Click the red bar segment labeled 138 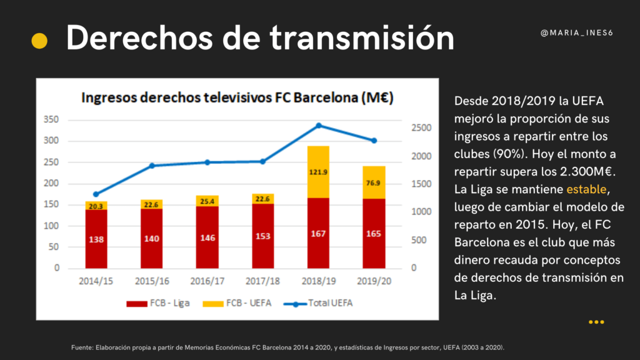[x=97, y=239]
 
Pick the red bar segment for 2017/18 [x=262, y=236]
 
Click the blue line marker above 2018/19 [x=318, y=126]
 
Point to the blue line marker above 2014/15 [x=96, y=194]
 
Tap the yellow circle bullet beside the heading [x=39, y=41]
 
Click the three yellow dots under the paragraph [x=596, y=322]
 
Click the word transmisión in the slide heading [x=362, y=39]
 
